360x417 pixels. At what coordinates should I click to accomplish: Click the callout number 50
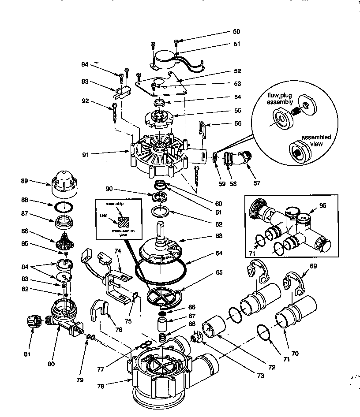pos(236,32)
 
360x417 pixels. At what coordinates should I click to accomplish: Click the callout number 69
pos(313,266)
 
